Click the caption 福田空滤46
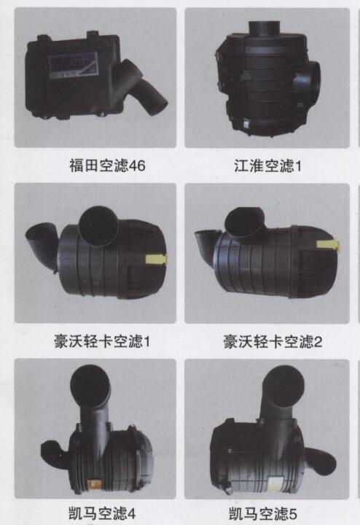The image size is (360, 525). point(107,166)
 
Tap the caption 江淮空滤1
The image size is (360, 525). point(267,166)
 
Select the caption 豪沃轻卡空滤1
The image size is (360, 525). point(102,341)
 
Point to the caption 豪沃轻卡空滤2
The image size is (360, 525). point(273,341)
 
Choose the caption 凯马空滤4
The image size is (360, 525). point(102,513)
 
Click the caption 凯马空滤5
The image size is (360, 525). point(263,513)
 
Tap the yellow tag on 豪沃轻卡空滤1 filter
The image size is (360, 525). point(156,259)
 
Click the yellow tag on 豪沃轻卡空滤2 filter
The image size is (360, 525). point(328,246)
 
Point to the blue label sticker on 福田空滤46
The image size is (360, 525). point(74,66)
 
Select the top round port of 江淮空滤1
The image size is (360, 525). point(265,28)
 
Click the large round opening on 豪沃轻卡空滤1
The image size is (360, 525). point(98,226)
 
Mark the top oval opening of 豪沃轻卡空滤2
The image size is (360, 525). point(245,222)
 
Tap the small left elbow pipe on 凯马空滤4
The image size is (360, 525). point(53,451)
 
